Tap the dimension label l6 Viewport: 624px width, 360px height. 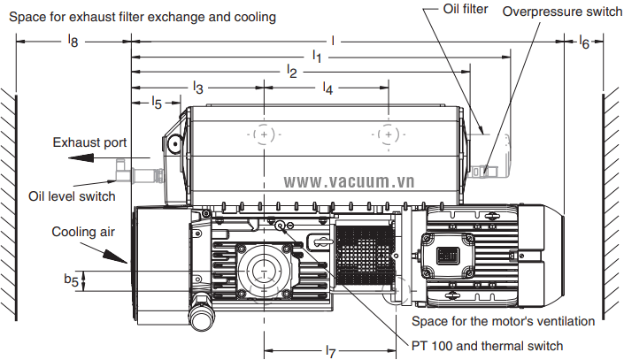(x=583, y=42)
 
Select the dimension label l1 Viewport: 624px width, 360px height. (x=317, y=56)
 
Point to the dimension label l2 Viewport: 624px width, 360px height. (x=291, y=72)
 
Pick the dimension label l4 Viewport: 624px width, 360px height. (x=327, y=88)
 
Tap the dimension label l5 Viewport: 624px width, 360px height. (x=156, y=103)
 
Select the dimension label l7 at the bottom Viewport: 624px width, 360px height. (x=331, y=351)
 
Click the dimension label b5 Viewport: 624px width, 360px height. (x=70, y=280)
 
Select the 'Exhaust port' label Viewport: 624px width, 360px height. (x=89, y=142)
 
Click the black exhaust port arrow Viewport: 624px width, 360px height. (x=94, y=159)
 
